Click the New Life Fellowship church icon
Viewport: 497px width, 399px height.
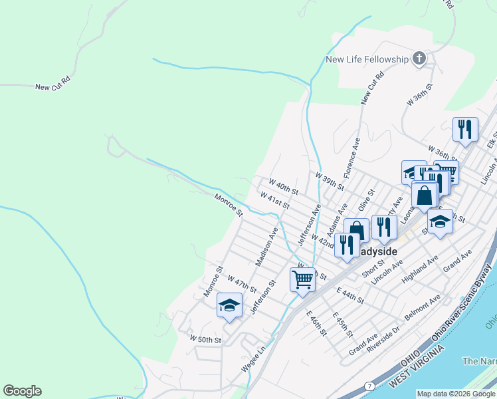(419, 59)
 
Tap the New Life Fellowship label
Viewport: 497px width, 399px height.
(367, 60)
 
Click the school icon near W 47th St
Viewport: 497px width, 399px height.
(229, 305)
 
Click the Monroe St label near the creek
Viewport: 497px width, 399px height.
(229, 203)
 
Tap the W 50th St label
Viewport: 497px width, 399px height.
(205, 339)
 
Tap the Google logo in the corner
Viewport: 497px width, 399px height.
(22, 391)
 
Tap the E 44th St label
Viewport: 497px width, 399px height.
(350, 296)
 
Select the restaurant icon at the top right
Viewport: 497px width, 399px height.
(465, 128)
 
